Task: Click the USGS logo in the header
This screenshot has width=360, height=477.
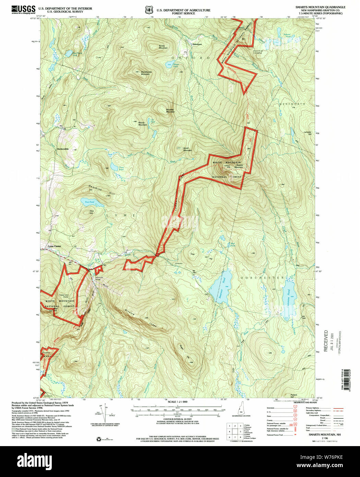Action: click(x=23, y=9)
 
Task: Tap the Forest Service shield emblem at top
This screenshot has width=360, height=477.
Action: click(x=149, y=10)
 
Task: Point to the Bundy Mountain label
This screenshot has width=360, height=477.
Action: click(x=163, y=47)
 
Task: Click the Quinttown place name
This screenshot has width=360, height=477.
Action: click(x=197, y=44)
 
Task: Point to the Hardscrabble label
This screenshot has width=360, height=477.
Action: click(x=63, y=149)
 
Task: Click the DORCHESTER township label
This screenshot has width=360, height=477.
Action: click(x=262, y=277)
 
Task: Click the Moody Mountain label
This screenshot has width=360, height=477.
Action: click(x=143, y=124)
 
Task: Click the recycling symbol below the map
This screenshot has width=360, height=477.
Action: click(x=99, y=439)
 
